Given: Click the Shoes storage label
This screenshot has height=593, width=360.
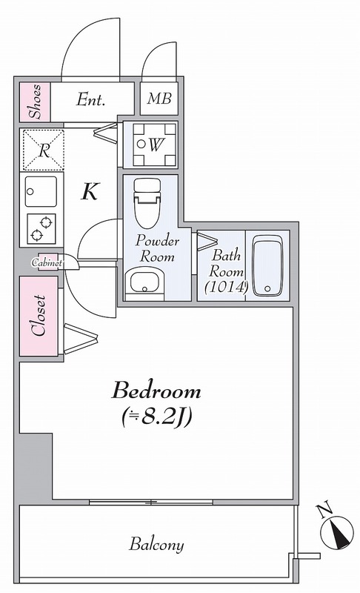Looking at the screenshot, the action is tap(35, 102).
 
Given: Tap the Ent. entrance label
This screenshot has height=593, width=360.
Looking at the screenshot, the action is tap(90, 100).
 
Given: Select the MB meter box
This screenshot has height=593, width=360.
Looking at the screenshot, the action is tap(159, 99).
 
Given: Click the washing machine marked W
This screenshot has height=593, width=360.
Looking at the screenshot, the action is tap(155, 145).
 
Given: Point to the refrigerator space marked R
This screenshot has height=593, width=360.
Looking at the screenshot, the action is tap(44, 150).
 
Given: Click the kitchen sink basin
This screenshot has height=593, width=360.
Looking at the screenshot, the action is tap(41, 192).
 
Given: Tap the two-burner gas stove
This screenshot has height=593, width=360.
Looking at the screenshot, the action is tap(41, 229).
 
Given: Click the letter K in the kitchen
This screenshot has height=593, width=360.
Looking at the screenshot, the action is tap(90, 192).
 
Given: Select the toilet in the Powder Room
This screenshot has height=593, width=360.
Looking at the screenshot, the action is tap(147, 202).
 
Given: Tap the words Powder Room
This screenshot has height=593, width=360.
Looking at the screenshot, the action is tap(157, 249).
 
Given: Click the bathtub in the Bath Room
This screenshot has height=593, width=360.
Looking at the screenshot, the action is tap(268, 266).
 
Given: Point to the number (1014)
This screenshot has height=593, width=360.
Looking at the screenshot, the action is tap(226, 288).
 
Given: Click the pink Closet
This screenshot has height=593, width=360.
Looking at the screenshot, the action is tap(39, 317).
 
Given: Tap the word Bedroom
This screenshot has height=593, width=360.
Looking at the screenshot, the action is tap(156, 391).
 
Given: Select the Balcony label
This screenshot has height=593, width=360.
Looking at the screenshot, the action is tap(156, 545).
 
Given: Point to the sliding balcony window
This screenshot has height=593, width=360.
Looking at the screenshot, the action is tap(151, 503).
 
